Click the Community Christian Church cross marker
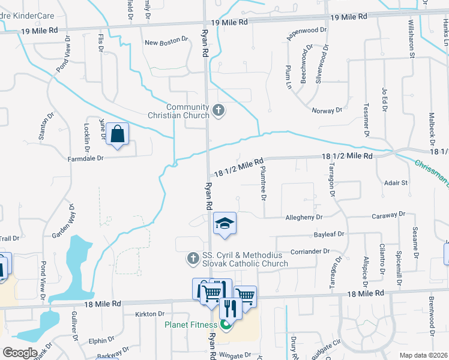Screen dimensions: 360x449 (218, 110)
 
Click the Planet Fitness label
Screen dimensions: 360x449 (191, 326)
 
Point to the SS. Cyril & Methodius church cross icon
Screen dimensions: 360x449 (193, 257)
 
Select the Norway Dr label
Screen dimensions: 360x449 (327, 110)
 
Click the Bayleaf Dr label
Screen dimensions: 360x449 (328, 234)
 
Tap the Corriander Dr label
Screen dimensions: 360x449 (311, 251)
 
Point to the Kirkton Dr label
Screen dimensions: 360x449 (149, 314)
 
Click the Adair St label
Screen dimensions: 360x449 (396, 182)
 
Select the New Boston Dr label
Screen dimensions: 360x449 (166, 43)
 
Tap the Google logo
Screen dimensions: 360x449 (20, 353)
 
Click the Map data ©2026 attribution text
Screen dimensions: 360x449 (423, 355)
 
